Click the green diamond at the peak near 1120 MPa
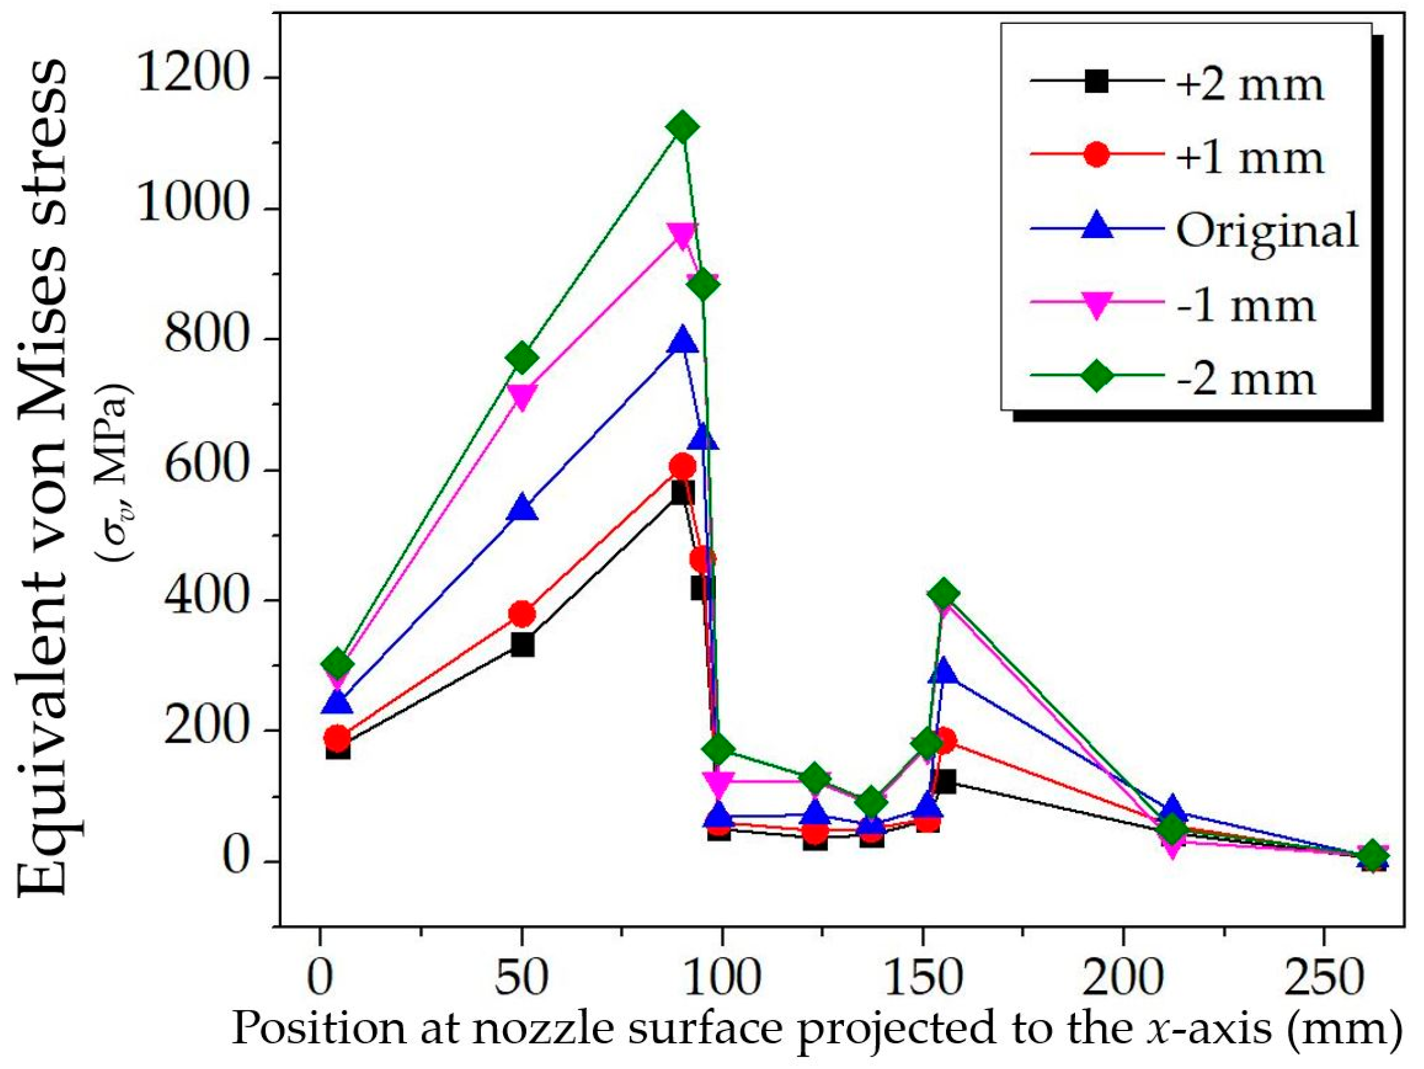pyautogui.click(x=682, y=127)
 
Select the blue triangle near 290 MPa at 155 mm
pyautogui.click(x=944, y=672)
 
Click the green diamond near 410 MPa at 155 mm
pyautogui.click(x=944, y=594)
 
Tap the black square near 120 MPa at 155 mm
pyautogui.click(x=945, y=782)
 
